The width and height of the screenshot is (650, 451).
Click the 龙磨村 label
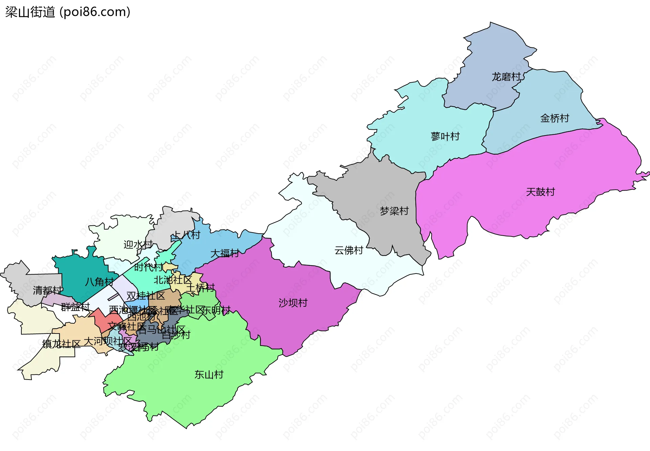point(506,77)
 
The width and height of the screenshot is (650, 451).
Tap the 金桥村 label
point(555,118)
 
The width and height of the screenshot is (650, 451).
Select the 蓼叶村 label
point(445,136)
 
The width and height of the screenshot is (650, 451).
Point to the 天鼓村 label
point(540,192)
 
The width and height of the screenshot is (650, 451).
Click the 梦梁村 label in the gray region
point(394,211)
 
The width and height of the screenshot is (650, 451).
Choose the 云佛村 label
point(349,250)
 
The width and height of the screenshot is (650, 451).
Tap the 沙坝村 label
point(293,303)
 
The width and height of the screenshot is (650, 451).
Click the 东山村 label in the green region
point(209,374)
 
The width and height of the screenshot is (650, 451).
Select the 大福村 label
point(225,253)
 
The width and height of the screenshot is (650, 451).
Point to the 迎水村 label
point(138,244)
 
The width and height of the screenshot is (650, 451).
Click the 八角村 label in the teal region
point(99,282)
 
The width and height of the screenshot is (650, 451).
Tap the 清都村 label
point(47,290)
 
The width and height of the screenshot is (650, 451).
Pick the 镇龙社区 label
point(61,344)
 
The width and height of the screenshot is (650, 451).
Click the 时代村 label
point(148,267)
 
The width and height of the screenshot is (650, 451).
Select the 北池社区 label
point(173,280)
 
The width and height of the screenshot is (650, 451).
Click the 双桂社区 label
point(146,296)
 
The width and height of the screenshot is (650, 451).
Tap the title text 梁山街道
point(30,12)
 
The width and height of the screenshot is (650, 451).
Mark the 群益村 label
point(75,307)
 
